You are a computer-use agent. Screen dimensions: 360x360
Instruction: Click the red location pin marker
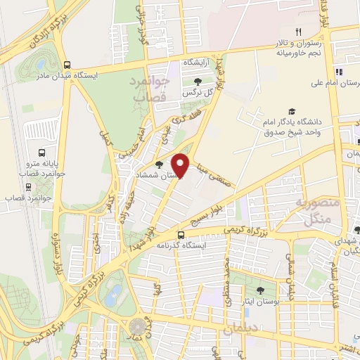point(181,165)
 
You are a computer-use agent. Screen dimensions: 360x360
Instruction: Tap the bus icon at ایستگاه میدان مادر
point(66,63)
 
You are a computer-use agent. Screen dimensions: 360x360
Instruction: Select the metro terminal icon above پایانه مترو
point(42,153)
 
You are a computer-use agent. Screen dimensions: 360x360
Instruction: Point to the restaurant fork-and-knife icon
point(298,32)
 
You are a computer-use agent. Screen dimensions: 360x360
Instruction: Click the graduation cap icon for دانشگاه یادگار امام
point(291,112)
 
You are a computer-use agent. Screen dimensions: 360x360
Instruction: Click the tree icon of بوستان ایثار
point(261,289)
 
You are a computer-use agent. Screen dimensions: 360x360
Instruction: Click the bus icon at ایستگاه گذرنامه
point(181,236)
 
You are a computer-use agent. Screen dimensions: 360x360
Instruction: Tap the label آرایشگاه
point(198,63)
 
